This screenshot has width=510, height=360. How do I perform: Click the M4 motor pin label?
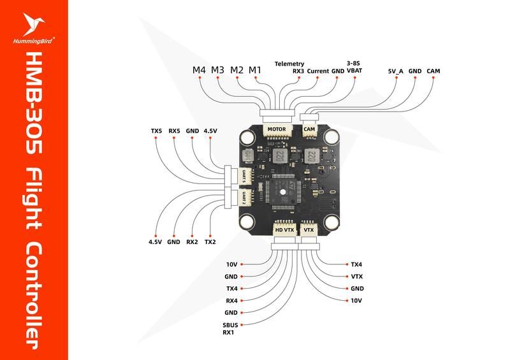(x=200, y=69)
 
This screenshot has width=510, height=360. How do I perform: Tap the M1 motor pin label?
(x=255, y=69)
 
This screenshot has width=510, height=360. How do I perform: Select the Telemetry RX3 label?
(x=290, y=68)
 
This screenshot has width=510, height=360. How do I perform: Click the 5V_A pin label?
(x=395, y=71)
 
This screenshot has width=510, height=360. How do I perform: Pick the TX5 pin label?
(x=156, y=131)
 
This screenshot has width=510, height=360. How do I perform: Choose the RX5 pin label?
(x=175, y=131)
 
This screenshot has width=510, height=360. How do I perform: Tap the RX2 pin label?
(x=192, y=242)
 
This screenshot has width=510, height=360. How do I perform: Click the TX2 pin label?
(x=210, y=242)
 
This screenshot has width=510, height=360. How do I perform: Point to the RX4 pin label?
(x=231, y=301)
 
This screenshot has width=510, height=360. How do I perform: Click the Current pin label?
(x=317, y=71)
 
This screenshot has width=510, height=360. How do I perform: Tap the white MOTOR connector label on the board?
(x=277, y=128)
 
